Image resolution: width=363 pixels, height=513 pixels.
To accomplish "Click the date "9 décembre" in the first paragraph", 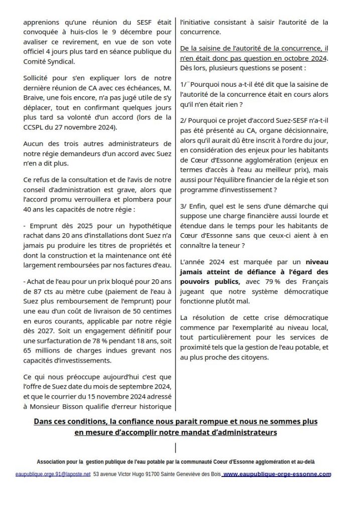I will [125, 32].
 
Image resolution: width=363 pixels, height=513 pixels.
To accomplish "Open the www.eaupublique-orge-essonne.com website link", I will [277, 474].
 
